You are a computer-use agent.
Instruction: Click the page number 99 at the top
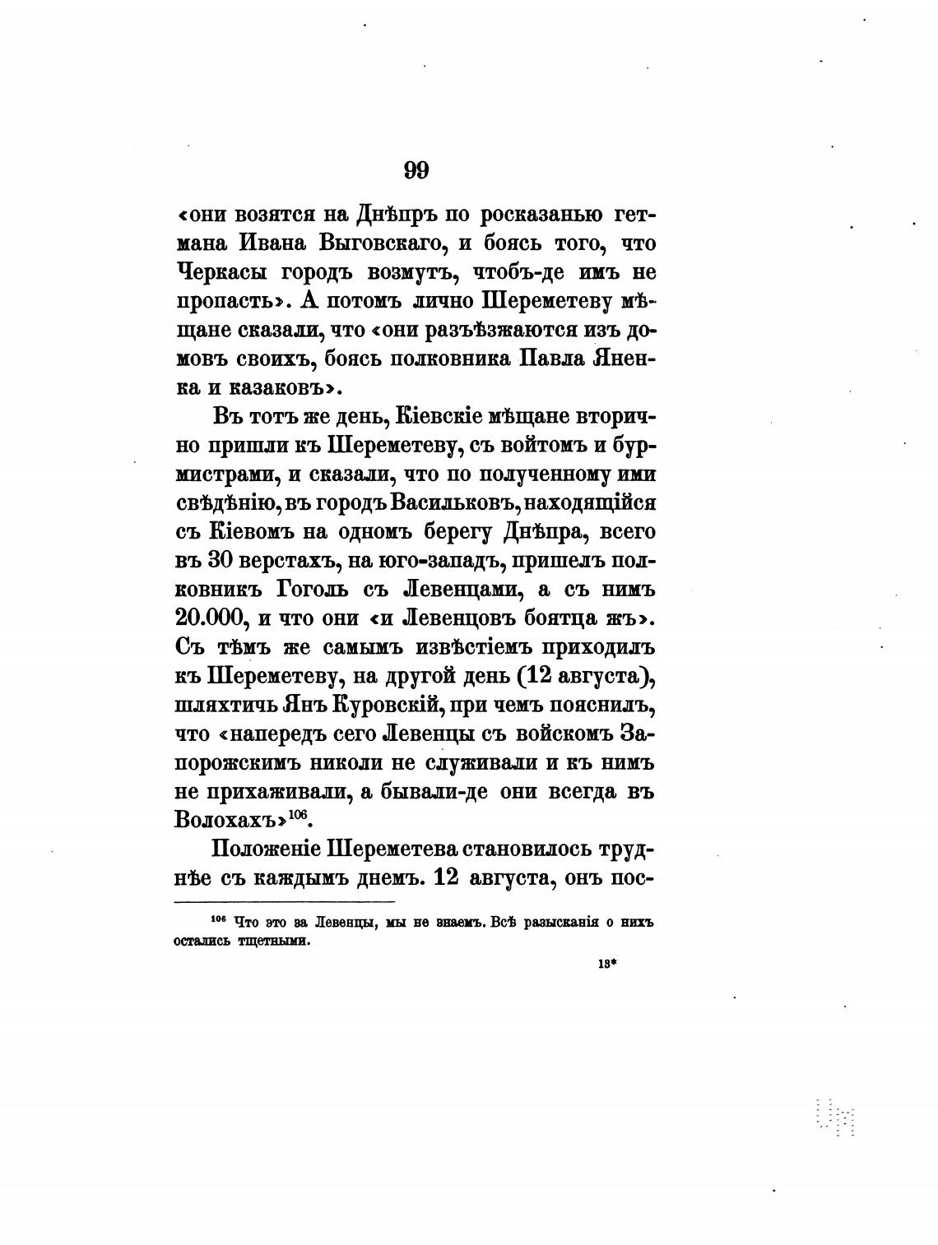416,170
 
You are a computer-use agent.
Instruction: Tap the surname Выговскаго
384,243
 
